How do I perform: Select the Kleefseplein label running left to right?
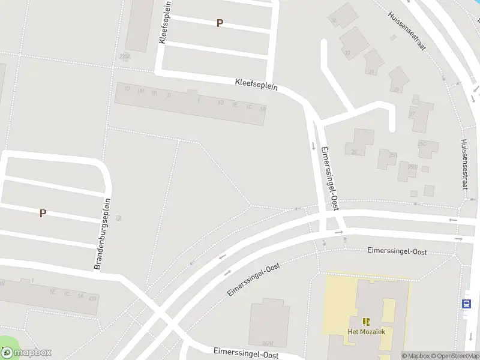256,86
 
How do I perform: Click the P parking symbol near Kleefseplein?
220,23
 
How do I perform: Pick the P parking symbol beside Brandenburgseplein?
43,213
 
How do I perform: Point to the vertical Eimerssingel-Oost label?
331,178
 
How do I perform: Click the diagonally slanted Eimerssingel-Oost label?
254,280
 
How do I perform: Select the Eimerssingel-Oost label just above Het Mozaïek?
397,251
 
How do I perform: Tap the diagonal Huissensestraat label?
406,31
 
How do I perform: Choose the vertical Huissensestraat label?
463,164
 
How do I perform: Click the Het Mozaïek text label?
366,331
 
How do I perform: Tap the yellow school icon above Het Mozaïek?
366,322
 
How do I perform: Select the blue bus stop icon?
467,304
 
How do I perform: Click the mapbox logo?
26,352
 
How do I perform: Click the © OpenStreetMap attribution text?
457,356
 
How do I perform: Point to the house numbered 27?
412,112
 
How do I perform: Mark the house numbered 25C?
422,144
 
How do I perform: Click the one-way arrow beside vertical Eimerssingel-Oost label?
313,146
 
